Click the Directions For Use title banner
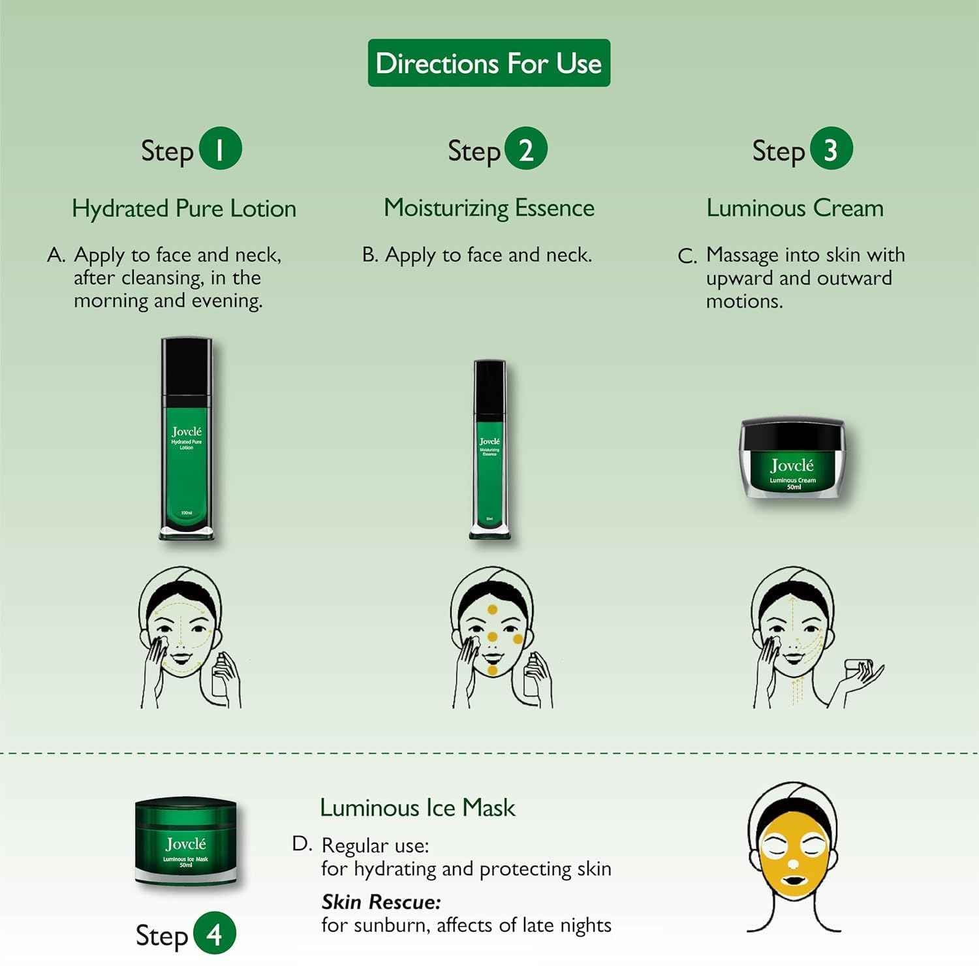point(489,63)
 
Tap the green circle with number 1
point(220,149)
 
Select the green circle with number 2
point(525,149)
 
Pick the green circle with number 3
point(831,149)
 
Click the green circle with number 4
point(215,934)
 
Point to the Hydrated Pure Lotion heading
point(184,209)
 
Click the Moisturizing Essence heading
point(489,208)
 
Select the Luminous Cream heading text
point(795,208)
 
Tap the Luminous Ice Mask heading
point(418,808)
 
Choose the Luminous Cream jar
point(792,460)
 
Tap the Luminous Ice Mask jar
point(186,842)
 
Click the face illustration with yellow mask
point(793,855)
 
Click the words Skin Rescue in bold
point(381,902)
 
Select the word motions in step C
point(744,302)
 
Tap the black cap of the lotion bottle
point(187,369)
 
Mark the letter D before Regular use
point(302,844)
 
